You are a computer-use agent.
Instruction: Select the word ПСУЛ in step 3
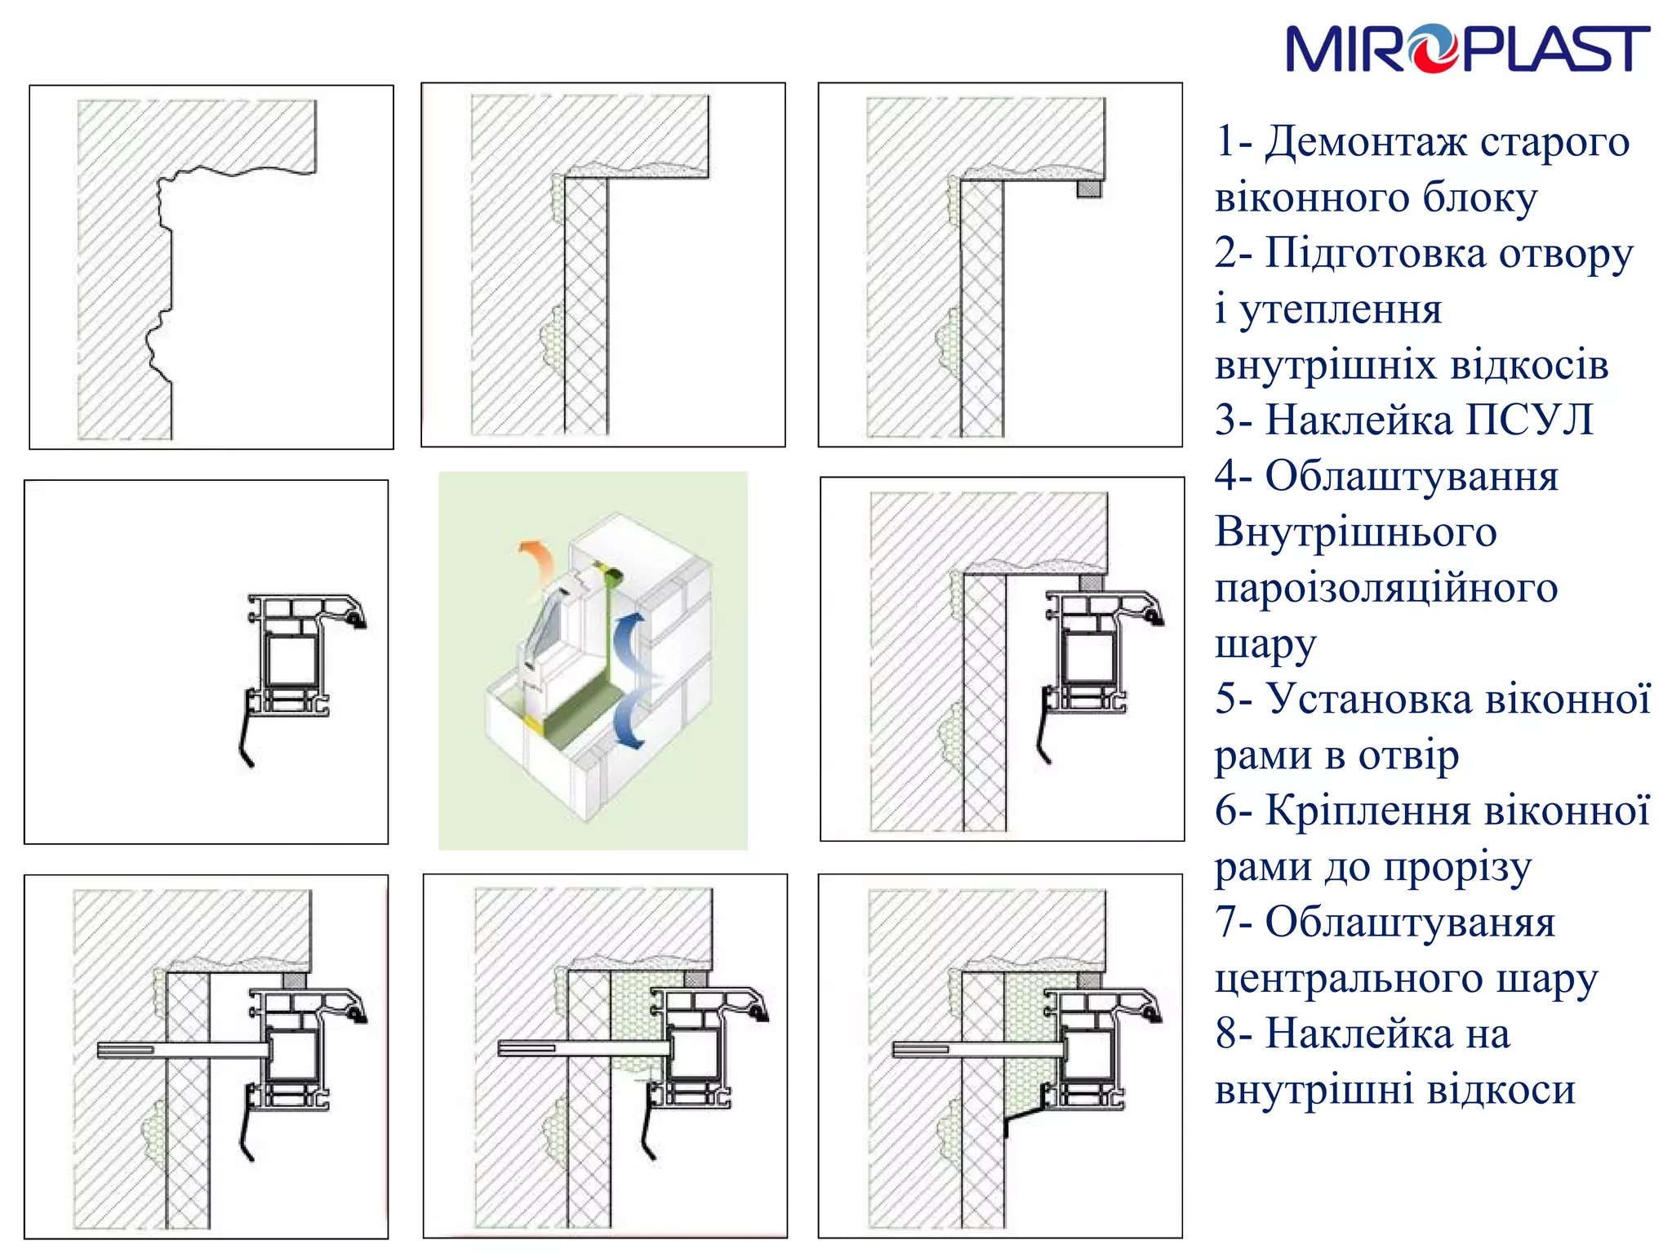1530,420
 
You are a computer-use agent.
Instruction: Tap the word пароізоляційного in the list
1386,589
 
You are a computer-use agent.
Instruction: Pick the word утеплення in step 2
1341,311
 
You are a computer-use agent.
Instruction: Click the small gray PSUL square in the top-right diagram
1088,189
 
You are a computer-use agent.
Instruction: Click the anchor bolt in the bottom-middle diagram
585,1048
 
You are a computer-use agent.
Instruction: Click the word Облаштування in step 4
1412,477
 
